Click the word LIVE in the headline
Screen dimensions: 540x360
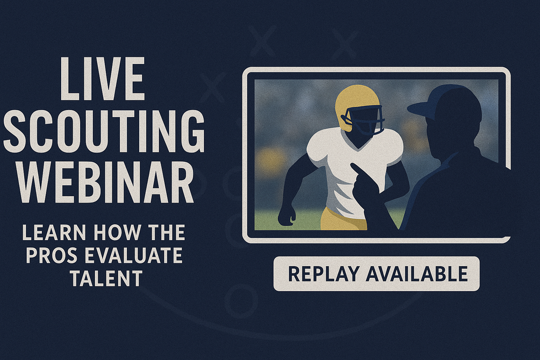point(102,78)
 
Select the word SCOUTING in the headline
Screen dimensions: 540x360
point(104,131)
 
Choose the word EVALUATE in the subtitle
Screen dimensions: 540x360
point(134,255)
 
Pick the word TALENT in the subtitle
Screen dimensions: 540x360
point(106,278)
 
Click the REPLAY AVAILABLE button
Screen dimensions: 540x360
point(377,274)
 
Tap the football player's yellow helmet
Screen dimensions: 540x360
point(356,105)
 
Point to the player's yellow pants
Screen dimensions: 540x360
point(343,219)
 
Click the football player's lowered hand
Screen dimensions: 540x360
point(286,216)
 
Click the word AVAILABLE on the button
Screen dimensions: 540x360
point(417,274)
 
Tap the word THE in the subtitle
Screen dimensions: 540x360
point(167,232)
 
